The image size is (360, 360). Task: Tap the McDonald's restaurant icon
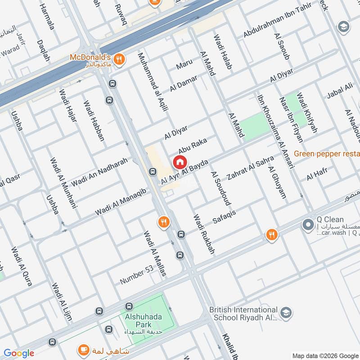119,58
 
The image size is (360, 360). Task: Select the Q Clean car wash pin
308,224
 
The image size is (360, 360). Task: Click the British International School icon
285,312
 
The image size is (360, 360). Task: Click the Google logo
18,353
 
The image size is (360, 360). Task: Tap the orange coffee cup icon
83,349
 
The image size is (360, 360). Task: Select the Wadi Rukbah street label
203,234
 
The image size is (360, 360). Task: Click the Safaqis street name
224,215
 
